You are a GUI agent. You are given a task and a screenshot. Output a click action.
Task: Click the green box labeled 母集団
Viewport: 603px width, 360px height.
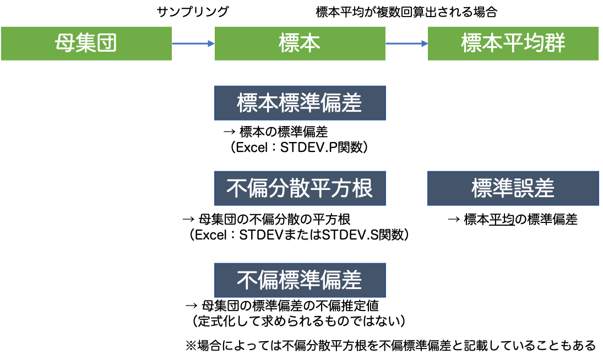pyautogui.click(x=86, y=43)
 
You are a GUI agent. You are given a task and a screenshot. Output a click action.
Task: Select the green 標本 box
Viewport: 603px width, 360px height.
pyautogui.click(x=300, y=43)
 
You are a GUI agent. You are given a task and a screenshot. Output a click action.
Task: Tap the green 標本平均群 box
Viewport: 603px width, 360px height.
pyautogui.click(x=513, y=43)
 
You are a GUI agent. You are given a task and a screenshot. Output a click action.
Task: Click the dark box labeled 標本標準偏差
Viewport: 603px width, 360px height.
pyautogui.click(x=300, y=103)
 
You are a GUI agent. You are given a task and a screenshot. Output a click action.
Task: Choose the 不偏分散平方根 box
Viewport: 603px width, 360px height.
pyautogui.click(x=300, y=188)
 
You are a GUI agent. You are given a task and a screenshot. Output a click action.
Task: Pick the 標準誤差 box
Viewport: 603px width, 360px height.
pyautogui.click(x=513, y=188)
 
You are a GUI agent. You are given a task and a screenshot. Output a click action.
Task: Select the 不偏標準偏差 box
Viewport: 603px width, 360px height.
pyautogui.click(x=300, y=280)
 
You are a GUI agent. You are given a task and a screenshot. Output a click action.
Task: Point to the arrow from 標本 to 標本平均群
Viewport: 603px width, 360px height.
pyautogui.click(x=405, y=43)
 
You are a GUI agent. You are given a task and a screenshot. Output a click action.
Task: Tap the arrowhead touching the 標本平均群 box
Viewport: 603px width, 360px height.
pyautogui.click(x=425, y=43)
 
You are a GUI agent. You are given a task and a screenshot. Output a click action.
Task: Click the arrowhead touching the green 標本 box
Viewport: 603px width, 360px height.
pyautogui.click(x=211, y=43)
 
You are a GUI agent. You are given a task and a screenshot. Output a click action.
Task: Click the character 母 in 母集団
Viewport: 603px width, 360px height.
pyautogui.click(x=66, y=43)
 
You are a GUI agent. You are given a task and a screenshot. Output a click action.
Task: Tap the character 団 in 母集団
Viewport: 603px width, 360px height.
pyautogui.click(x=107, y=43)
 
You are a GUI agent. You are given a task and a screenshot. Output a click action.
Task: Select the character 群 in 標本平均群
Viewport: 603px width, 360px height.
pyautogui.click(x=555, y=43)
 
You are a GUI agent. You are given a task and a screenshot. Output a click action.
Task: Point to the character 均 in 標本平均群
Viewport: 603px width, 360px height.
pyautogui.click(x=534, y=43)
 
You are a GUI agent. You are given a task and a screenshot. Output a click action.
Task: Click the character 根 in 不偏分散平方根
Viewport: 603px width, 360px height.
pyautogui.click(x=362, y=188)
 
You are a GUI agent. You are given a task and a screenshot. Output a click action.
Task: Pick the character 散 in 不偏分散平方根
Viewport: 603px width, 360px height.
pyautogui.click(x=300, y=188)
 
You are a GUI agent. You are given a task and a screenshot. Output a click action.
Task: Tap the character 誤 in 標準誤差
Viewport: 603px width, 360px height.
pyautogui.click(x=523, y=188)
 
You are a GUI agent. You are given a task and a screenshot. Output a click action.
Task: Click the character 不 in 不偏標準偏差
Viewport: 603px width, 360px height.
pyautogui.click(x=247, y=280)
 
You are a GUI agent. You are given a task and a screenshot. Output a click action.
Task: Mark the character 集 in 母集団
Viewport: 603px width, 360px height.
pyautogui.click(x=86, y=43)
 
